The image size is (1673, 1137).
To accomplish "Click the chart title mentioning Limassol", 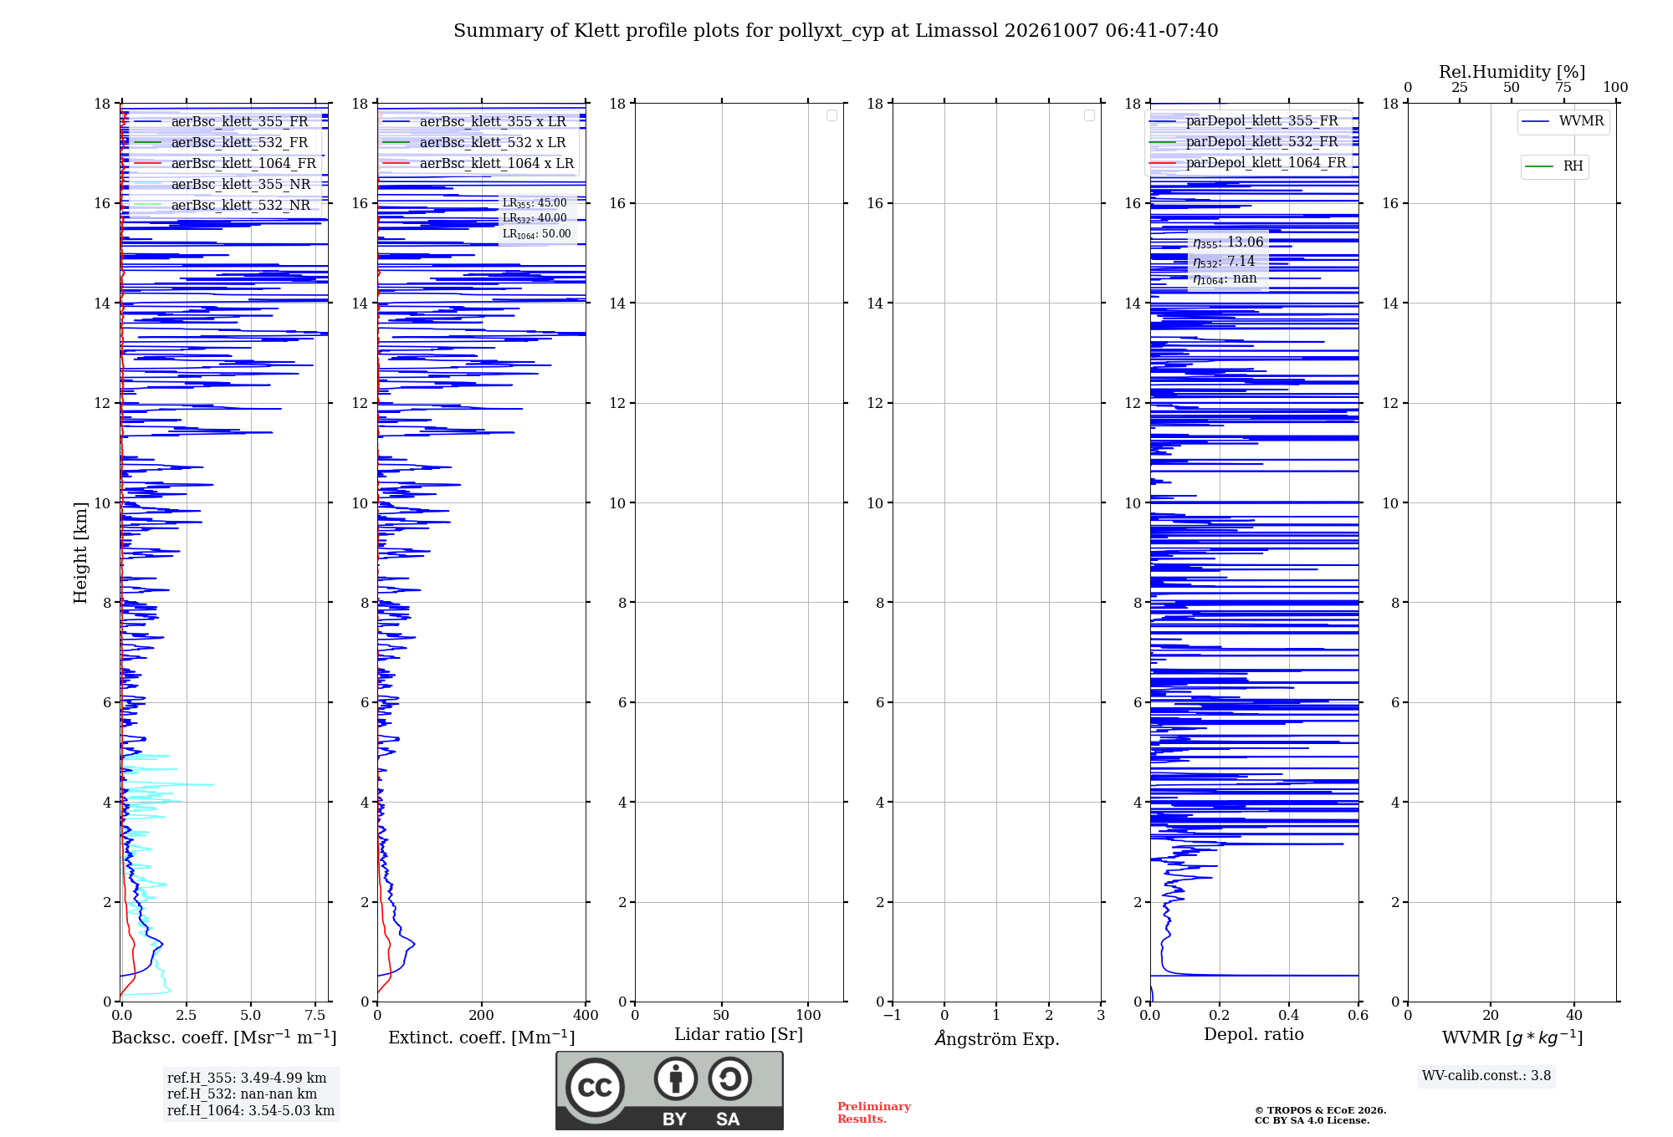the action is [x=836, y=31].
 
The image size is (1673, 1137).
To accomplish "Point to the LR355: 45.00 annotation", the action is [x=535, y=203].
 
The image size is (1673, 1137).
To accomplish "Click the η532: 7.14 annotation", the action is [x=1224, y=262].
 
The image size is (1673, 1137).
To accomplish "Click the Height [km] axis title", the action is [x=80, y=553].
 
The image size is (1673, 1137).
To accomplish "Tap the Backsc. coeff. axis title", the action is [x=224, y=1038].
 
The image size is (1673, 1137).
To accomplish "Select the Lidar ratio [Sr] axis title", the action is [x=739, y=1035].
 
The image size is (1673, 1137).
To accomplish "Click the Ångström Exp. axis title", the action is [x=997, y=1038].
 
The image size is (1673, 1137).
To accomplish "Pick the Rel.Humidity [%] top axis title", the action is [x=1512, y=72].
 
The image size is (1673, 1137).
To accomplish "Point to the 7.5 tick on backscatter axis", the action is [x=315, y=1015].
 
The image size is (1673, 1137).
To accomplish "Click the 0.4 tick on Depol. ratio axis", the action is [x=1289, y=1015].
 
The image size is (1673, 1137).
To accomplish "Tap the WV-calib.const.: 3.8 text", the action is [x=1486, y=1076].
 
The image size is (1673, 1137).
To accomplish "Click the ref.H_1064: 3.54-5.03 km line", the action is [x=251, y=1111].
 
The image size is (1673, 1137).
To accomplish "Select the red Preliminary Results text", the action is [x=874, y=1113].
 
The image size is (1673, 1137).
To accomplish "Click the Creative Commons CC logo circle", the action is [x=595, y=1088].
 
